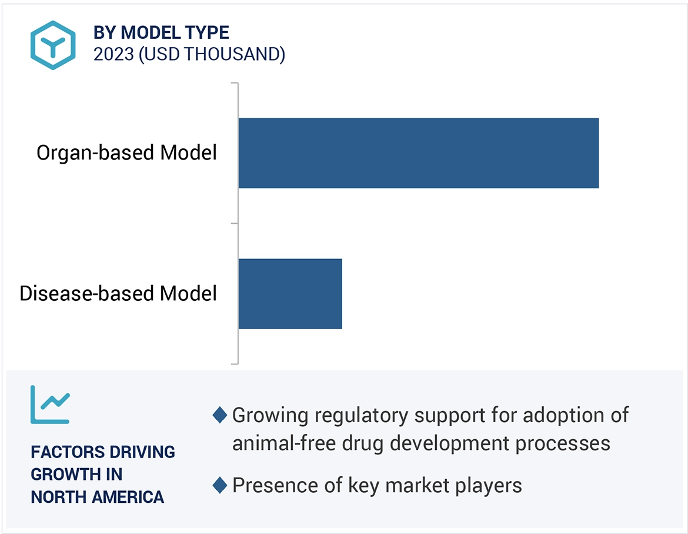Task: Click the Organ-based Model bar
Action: pos(418,153)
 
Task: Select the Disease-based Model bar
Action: pos(290,293)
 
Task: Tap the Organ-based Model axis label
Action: pos(126,153)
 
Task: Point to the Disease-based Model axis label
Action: pos(118,293)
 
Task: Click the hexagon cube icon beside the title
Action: pos(54,45)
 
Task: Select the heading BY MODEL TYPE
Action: pos(161,32)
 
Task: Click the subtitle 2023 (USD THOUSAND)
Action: pos(189,54)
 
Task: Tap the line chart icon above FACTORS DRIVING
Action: pos(50,404)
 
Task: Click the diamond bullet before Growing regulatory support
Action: pos(219,415)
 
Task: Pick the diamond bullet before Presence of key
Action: pos(219,486)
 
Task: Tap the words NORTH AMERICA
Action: pos(97,497)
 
